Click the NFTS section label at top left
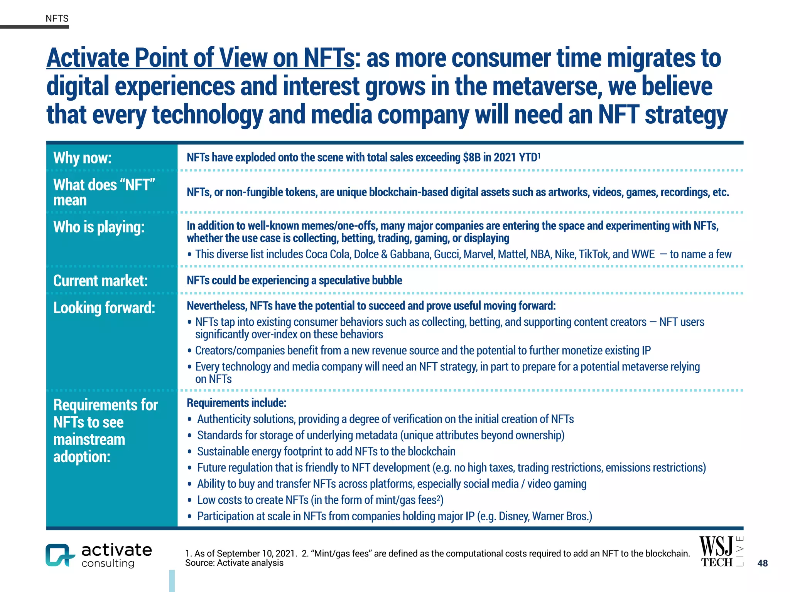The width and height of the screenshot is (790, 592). coord(57,18)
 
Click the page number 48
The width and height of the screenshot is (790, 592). coord(762,563)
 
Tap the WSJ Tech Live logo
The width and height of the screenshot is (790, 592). coord(720,552)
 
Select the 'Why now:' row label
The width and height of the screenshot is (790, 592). coord(82,158)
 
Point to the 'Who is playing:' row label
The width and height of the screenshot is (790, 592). coord(99,227)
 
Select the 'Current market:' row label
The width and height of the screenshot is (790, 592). coord(100,281)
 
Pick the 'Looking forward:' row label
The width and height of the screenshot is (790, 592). coord(104,308)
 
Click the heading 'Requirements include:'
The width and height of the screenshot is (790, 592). coord(236,403)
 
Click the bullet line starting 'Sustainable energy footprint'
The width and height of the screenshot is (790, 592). coord(326,451)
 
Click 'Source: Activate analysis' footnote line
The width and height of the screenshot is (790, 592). coord(234,563)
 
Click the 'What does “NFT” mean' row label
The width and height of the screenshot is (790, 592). coord(104,192)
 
